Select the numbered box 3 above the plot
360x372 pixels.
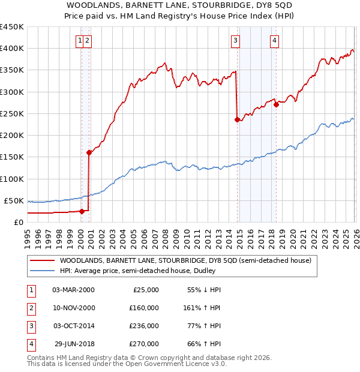point(235,40)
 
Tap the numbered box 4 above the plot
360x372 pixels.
point(274,40)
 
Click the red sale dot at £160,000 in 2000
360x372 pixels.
point(89,152)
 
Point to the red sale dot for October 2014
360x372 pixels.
point(237,119)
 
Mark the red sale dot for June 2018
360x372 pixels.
point(276,104)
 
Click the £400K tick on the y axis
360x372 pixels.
point(12,49)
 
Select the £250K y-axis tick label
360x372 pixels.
point(12,113)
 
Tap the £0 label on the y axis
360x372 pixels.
point(18,222)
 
